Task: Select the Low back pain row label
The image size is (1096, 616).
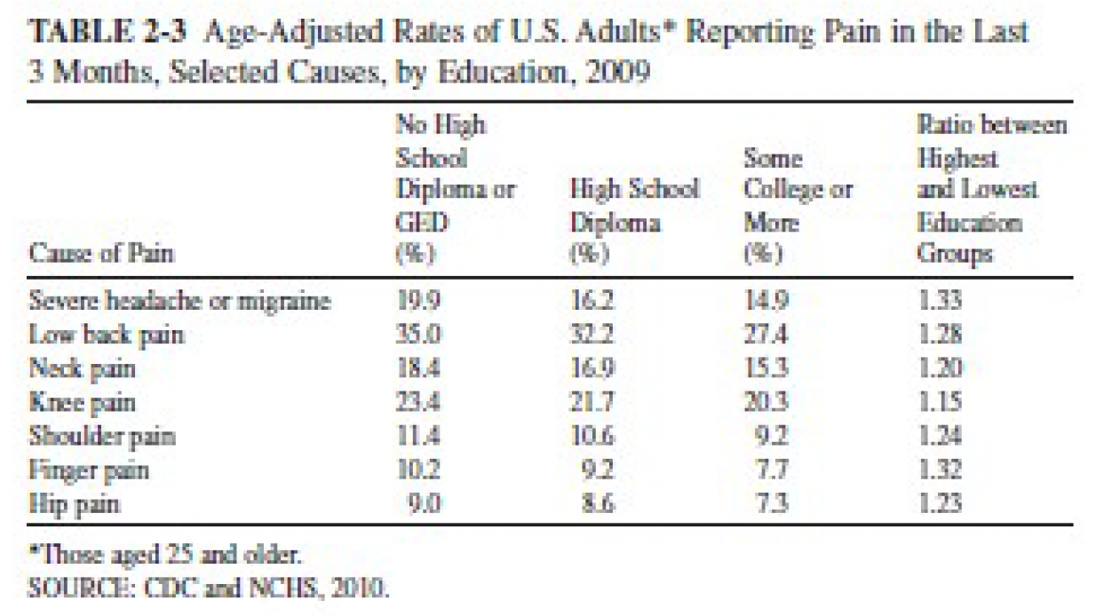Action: [x=107, y=336]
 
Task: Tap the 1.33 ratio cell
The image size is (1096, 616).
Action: [x=940, y=301]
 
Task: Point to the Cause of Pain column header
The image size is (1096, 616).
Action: [x=101, y=254]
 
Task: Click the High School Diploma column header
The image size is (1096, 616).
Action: [x=634, y=205]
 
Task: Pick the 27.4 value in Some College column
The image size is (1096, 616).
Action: [x=766, y=336]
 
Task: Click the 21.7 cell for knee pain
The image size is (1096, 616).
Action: [x=592, y=403]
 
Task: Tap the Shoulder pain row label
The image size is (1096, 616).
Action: [x=102, y=437]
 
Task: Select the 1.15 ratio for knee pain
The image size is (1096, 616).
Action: [x=940, y=403]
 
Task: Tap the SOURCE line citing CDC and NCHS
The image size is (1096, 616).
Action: [x=210, y=587]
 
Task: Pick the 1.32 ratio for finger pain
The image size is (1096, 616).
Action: [x=940, y=470]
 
